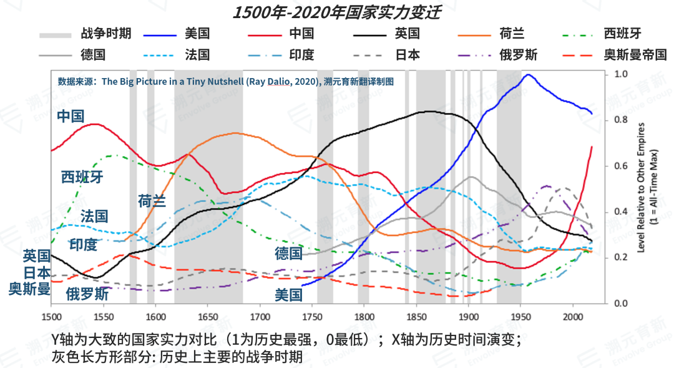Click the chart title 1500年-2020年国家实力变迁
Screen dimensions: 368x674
coord(336,13)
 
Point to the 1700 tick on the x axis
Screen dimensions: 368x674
coord(260,317)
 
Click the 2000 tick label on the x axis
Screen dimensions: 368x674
coord(572,317)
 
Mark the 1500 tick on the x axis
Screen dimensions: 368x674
coord(51,317)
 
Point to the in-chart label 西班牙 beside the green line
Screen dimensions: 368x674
coord(82,177)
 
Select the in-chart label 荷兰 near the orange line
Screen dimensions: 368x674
coord(152,201)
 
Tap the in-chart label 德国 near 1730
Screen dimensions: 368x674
coord(288,253)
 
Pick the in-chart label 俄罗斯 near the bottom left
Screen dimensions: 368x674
coord(87,294)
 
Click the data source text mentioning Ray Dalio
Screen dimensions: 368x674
coord(225,81)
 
